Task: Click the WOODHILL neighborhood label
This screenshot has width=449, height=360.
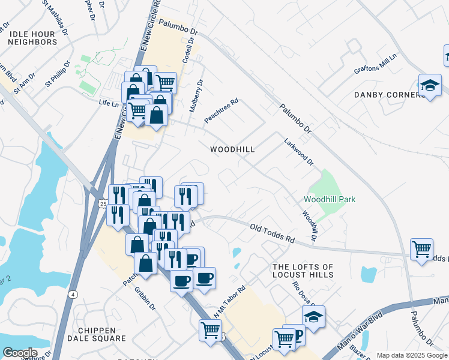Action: coord(232,149)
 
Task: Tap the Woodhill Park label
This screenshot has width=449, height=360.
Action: coord(330,199)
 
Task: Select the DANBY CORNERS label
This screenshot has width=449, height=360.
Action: coord(390,95)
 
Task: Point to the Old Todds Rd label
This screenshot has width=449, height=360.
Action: coord(273,233)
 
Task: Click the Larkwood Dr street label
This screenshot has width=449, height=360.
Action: coord(299,153)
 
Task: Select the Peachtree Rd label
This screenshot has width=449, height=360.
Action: coord(221,111)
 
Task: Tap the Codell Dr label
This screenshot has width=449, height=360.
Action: coord(188,54)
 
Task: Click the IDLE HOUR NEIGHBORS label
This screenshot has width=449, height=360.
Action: coord(32,36)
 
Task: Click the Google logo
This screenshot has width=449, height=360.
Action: coord(20,353)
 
